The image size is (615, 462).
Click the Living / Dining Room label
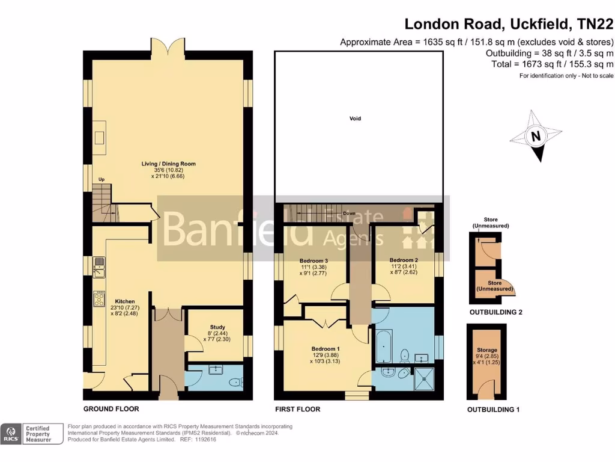point(168,164)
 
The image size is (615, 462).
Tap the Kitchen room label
point(126,301)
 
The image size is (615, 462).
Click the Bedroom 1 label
point(326,349)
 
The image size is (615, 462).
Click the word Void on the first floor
point(356,119)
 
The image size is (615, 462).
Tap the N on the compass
point(535,137)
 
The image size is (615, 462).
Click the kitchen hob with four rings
point(99,299)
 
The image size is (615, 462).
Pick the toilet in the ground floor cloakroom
point(236,381)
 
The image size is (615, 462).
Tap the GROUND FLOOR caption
point(111,409)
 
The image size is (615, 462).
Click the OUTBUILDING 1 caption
point(493,410)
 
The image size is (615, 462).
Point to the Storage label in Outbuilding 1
point(487,350)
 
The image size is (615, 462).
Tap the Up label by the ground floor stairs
point(101,179)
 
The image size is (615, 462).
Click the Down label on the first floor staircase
point(348,213)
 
